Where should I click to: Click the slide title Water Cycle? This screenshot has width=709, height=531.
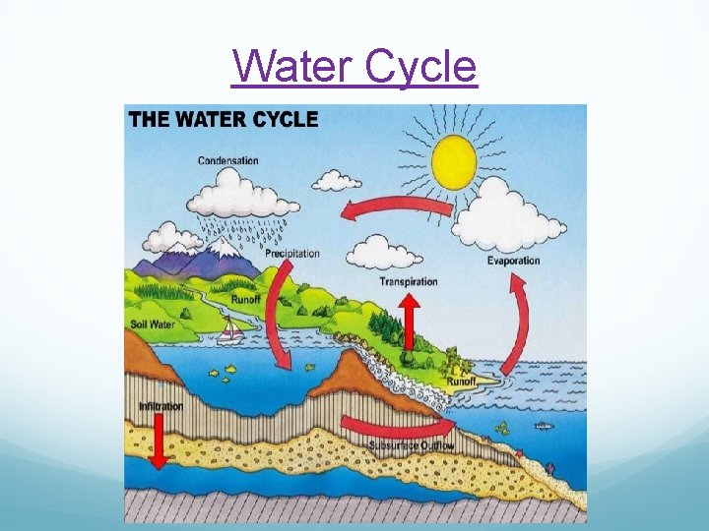[354, 67]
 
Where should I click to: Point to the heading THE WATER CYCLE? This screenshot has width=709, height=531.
[224, 120]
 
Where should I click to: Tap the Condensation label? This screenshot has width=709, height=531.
[228, 160]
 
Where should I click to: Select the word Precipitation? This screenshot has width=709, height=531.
[291, 254]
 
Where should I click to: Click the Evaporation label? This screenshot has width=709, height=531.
[513, 261]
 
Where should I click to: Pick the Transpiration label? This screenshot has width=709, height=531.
[409, 282]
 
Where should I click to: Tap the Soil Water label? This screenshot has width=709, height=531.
[153, 324]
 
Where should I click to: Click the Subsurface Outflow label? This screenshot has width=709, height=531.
[412, 445]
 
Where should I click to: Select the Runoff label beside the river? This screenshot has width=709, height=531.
[246, 299]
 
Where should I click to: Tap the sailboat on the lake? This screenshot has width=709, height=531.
[230, 331]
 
